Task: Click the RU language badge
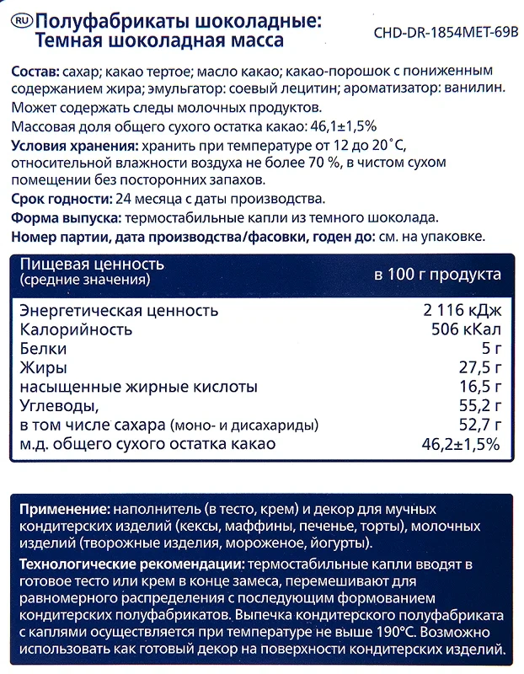[24, 19]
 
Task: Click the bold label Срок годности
[60, 200]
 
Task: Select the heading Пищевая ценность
[92, 265]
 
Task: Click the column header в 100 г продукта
[437, 274]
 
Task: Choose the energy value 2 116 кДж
[463, 310]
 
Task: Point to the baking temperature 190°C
[367, 631]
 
